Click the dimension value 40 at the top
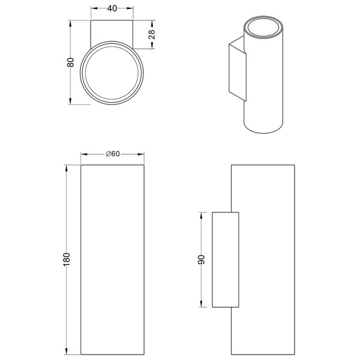click(x=112, y=8)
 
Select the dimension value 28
click(x=151, y=35)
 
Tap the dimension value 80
click(x=71, y=63)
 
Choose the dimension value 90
click(x=202, y=260)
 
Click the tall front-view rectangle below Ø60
click(x=112, y=259)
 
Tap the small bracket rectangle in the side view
click(x=226, y=259)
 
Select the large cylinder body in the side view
click(x=268, y=259)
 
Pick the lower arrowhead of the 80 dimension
click(x=71, y=101)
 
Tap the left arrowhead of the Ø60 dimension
click(x=83, y=154)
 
